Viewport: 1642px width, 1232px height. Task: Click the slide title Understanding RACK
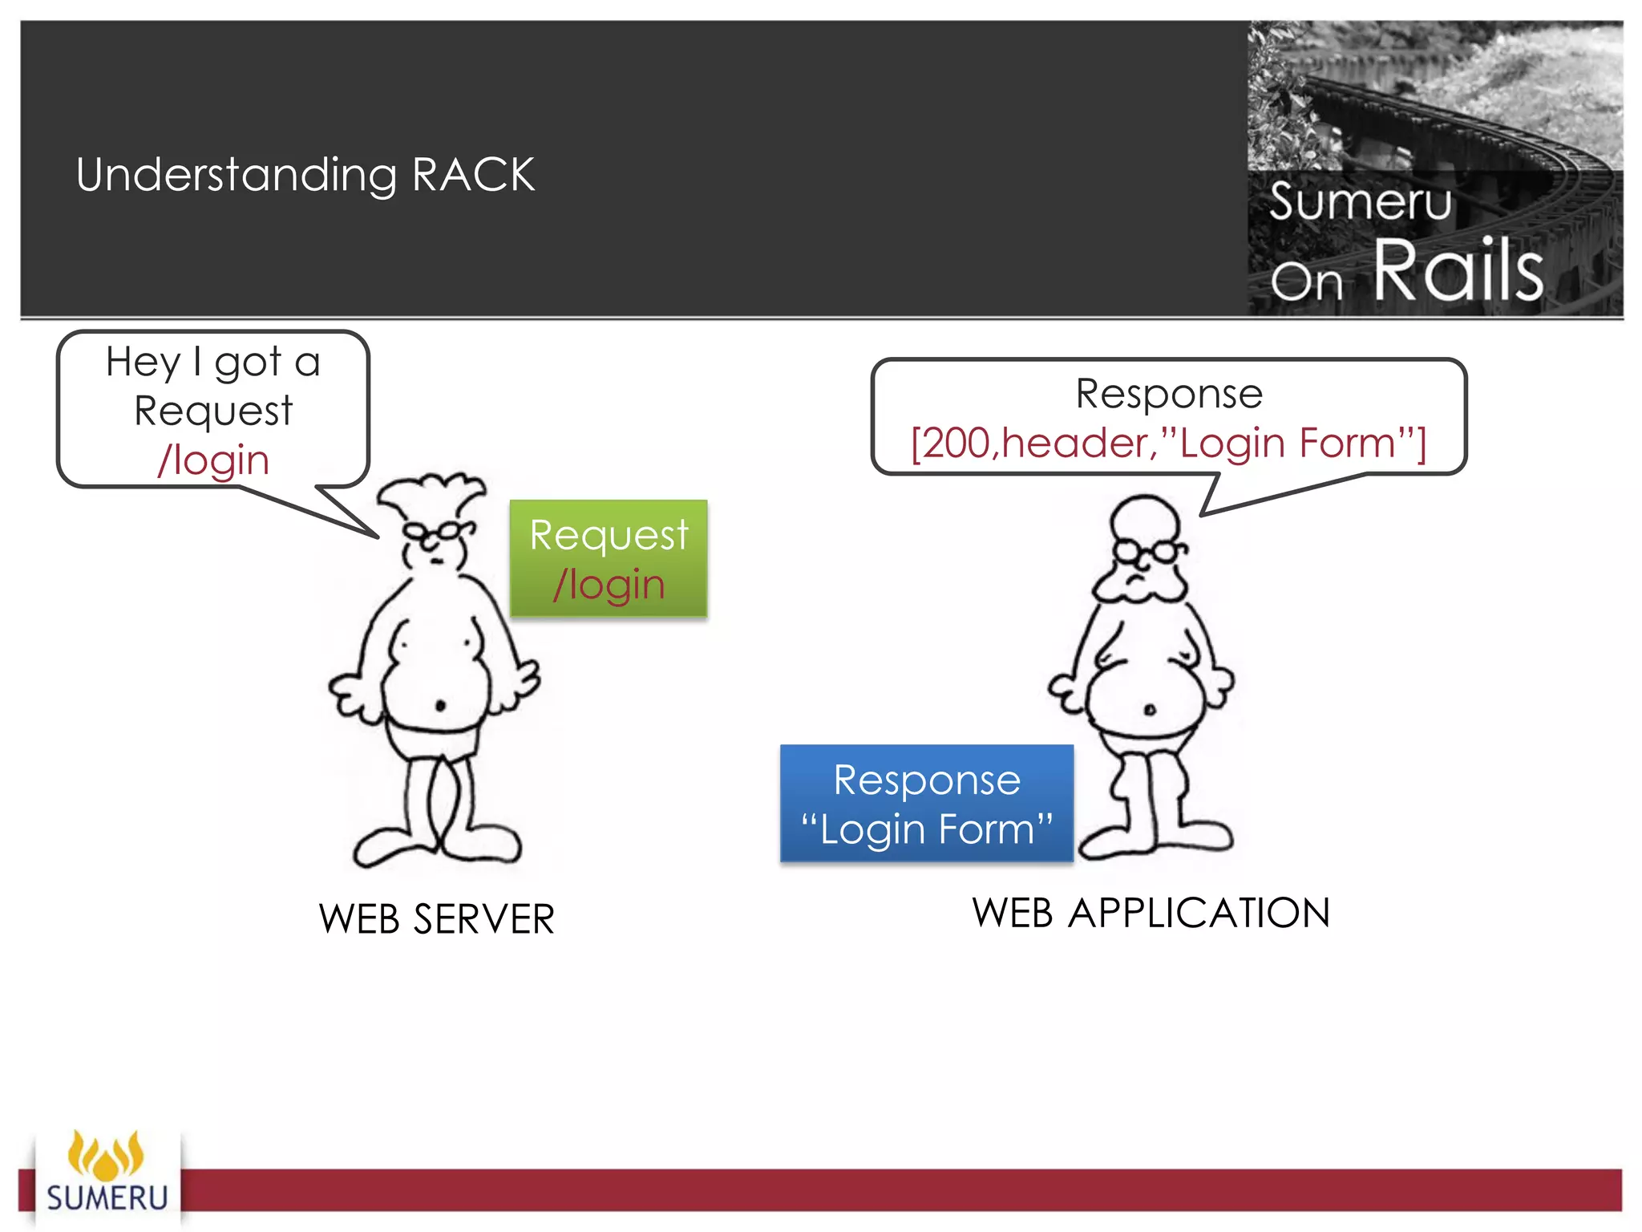pyautogui.click(x=305, y=174)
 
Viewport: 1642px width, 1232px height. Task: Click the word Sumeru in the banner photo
pyautogui.click(x=1360, y=201)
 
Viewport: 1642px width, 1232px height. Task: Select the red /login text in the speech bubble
pyautogui.click(x=213, y=461)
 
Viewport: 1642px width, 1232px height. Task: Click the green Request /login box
pyautogui.click(x=609, y=558)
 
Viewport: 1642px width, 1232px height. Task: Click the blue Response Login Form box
pyautogui.click(x=926, y=803)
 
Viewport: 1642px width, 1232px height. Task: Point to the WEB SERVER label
pyautogui.click(x=436, y=918)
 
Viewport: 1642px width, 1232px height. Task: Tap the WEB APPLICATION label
pyautogui.click(x=1151, y=913)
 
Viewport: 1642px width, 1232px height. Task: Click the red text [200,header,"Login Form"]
pyautogui.click(x=1168, y=443)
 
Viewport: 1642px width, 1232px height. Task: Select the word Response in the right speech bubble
pyautogui.click(x=1168, y=394)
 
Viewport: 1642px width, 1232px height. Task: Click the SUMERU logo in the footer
pyautogui.click(x=107, y=1176)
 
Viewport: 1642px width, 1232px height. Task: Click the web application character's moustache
pyautogui.click(x=1138, y=588)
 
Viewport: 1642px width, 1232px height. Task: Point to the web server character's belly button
pyautogui.click(x=439, y=706)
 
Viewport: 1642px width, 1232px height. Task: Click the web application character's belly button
pyautogui.click(x=1149, y=709)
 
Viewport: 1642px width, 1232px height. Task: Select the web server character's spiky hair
pyautogui.click(x=431, y=494)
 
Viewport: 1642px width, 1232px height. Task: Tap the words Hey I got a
pyautogui.click(x=213, y=363)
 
